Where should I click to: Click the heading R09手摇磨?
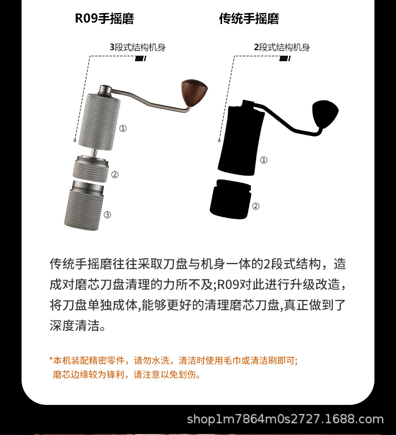104,19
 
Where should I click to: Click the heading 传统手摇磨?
249,19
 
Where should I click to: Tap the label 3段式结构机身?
137,48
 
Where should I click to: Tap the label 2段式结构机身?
282,48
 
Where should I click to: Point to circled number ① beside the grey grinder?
123,128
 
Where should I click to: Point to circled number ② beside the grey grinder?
115,175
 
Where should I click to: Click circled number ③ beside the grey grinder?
107,215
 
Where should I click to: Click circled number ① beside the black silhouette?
264,160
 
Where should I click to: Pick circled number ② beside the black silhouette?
255,206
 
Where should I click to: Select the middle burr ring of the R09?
91,170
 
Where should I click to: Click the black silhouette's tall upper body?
241,137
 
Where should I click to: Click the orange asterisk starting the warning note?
51,359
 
